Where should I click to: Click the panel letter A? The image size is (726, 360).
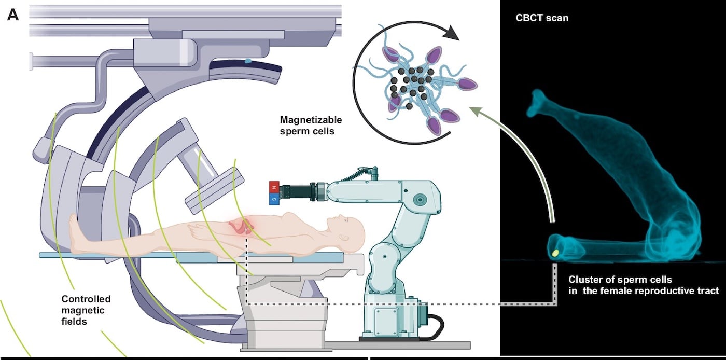click(x=13, y=15)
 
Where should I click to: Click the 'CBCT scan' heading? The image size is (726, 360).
click(x=542, y=18)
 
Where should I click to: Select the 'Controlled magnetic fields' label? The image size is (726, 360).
click(x=86, y=310)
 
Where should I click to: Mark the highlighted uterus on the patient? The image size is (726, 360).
click(x=244, y=226)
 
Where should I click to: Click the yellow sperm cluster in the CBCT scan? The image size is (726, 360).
click(x=555, y=253)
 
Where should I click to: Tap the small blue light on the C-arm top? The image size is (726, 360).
click(x=248, y=62)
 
